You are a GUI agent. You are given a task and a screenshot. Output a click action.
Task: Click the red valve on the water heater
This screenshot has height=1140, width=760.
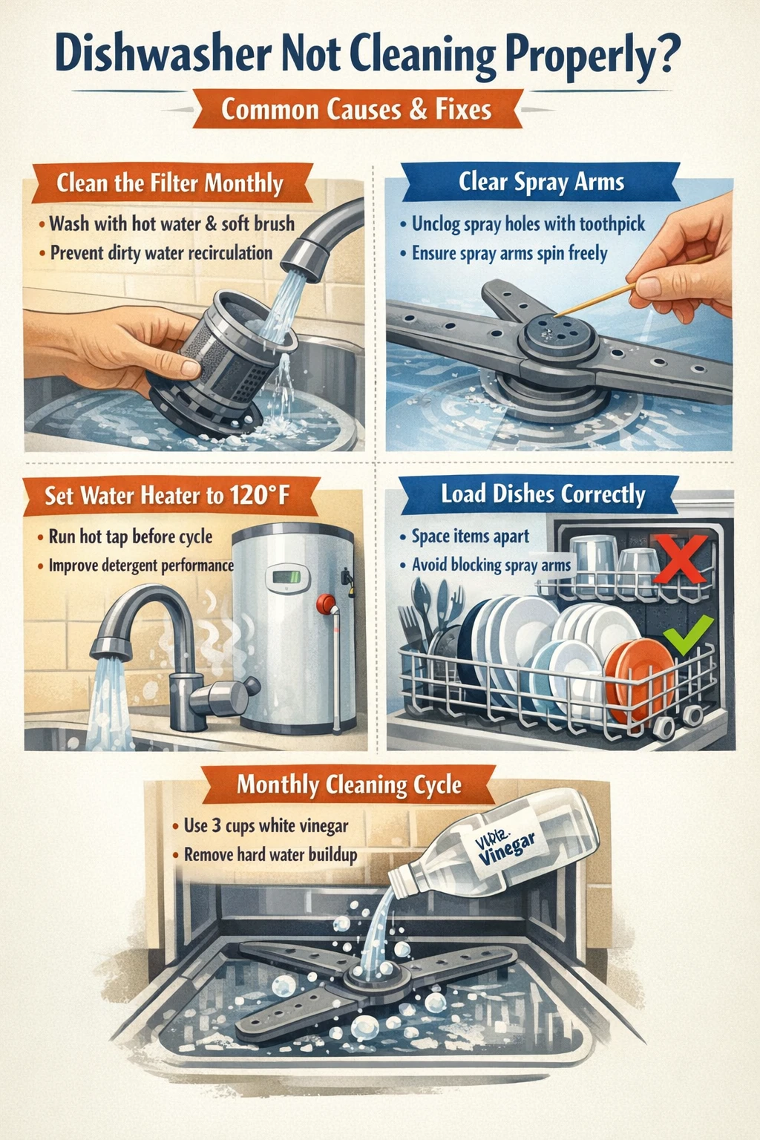pyautogui.click(x=325, y=603)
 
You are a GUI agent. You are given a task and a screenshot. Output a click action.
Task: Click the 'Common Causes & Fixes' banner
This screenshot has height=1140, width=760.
pyautogui.click(x=356, y=110)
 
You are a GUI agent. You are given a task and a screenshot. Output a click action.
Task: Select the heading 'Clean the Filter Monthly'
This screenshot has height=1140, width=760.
pyautogui.click(x=170, y=183)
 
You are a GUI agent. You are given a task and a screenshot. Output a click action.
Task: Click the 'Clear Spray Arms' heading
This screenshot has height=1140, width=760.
pyautogui.click(x=541, y=182)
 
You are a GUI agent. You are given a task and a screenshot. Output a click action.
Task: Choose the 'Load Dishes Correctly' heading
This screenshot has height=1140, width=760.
pyautogui.click(x=543, y=494)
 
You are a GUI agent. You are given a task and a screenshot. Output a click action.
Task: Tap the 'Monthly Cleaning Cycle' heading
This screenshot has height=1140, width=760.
pyautogui.click(x=349, y=784)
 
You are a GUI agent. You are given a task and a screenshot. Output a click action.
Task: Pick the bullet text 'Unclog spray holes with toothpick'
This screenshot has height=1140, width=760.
pyautogui.click(x=528, y=223)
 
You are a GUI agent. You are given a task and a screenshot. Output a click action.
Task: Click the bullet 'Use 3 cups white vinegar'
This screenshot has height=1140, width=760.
pyautogui.click(x=266, y=825)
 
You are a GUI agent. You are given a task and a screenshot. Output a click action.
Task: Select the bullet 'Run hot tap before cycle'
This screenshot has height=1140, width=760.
pyautogui.click(x=131, y=536)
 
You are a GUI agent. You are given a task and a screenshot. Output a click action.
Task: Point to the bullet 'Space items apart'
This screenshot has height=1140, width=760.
pyautogui.click(x=471, y=536)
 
